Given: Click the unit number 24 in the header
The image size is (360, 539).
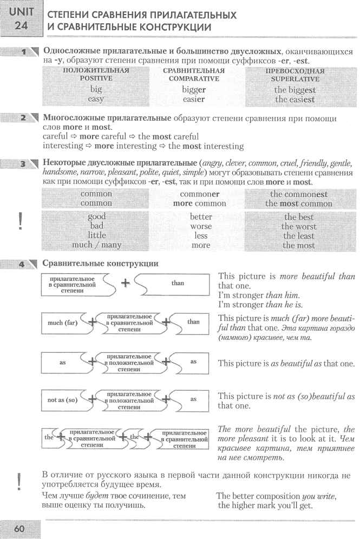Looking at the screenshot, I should pyautogui.click(x=20, y=25).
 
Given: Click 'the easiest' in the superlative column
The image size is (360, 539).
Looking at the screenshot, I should pyautogui.click(x=294, y=100).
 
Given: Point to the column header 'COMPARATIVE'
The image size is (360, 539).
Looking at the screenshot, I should pyautogui.click(x=193, y=78).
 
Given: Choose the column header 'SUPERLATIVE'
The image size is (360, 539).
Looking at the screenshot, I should pyautogui.click(x=294, y=78).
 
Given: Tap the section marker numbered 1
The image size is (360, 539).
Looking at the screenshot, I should pyautogui.click(x=24, y=52).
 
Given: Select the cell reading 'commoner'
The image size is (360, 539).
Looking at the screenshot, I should pyautogui.click(x=199, y=194).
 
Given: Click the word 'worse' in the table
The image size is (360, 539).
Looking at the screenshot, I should pyautogui.click(x=201, y=226).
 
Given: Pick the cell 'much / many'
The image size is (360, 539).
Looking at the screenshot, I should pyautogui.click(x=96, y=245).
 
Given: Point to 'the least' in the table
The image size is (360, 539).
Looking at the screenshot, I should pyautogui.click(x=298, y=236).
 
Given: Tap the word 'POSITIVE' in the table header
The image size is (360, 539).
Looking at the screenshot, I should pyautogui.click(x=96, y=78).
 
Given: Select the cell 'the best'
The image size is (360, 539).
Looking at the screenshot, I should pyautogui.click(x=298, y=217).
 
